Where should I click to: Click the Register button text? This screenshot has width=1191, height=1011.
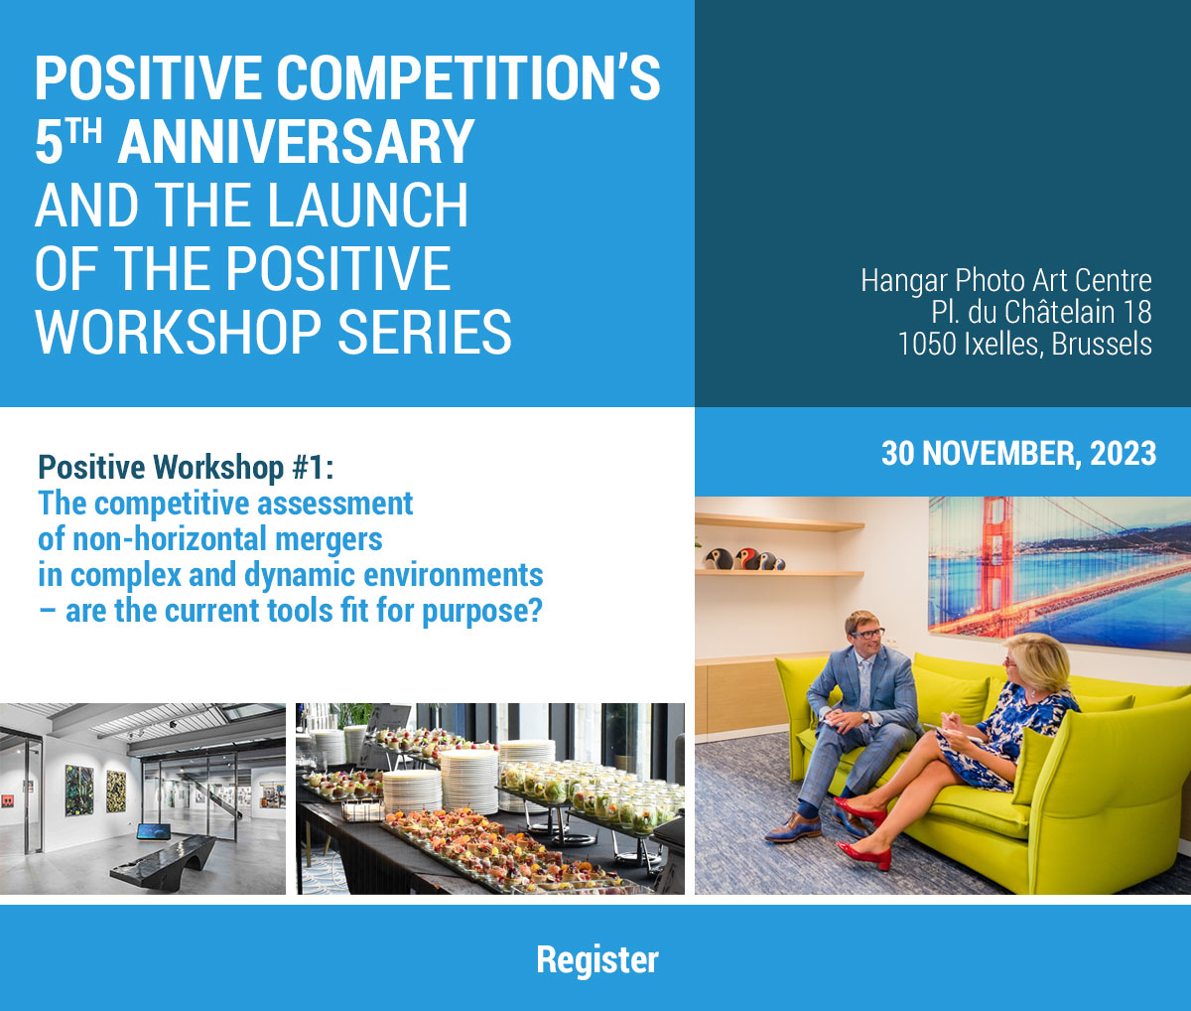[596, 960]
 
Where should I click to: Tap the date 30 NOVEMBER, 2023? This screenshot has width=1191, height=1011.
[1018, 453]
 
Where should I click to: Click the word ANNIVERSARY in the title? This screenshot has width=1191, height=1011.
[296, 142]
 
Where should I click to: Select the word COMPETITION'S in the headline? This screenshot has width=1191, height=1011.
[467, 78]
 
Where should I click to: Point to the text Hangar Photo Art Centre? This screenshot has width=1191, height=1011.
[1006, 281]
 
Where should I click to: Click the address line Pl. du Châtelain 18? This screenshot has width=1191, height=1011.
[1041, 313]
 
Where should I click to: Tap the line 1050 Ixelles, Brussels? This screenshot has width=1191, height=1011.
[1024, 345]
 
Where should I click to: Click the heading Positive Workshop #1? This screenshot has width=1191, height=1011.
[186, 467]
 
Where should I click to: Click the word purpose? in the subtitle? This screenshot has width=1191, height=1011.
[482, 612]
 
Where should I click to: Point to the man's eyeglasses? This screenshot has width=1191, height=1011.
[867, 634]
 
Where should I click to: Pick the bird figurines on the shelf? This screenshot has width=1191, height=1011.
[743, 559]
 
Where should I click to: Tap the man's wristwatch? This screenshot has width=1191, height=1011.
[864, 717]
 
